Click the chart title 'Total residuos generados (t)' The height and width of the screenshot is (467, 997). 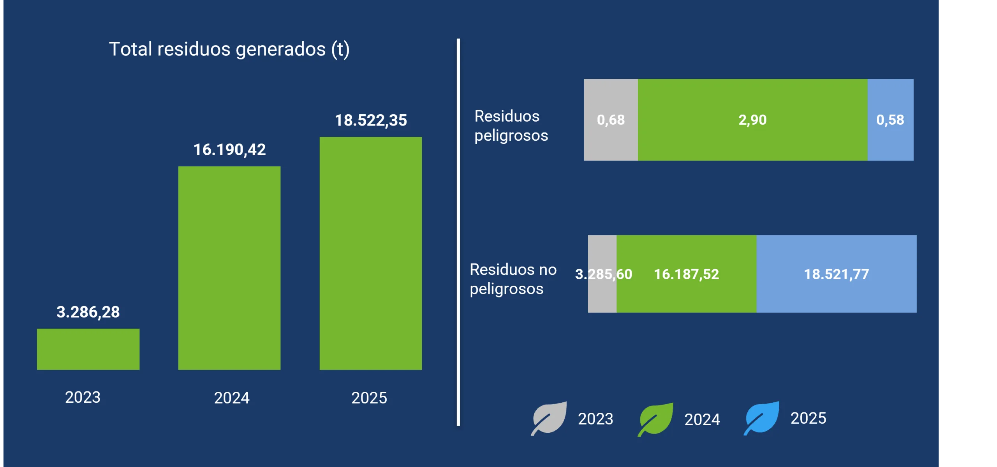pyautogui.click(x=229, y=50)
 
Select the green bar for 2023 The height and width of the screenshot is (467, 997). pyautogui.click(x=88, y=349)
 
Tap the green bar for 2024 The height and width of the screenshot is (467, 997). pyautogui.click(x=229, y=268)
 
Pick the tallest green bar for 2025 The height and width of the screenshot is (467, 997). pyautogui.click(x=371, y=253)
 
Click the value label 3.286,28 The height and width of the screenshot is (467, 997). pyautogui.click(x=88, y=312)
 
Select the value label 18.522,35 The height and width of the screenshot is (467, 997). pyautogui.click(x=371, y=120)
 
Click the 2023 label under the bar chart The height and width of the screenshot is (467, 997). pyautogui.click(x=83, y=397)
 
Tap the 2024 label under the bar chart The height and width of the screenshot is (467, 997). pyautogui.click(x=232, y=398)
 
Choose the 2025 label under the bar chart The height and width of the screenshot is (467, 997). pyautogui.click(x=369, y=398)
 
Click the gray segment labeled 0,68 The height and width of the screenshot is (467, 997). pyautogui.click(x=611, y=120)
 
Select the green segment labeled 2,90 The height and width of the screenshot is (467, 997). pyautogui.click(x=753, y=120)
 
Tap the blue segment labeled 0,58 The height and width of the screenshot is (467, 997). pyautogui.click(x=891, y=120)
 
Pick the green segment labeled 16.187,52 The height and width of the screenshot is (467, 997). pyautogui.click(x=687, y=274)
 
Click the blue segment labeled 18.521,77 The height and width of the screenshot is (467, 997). pyautogui.click(x=837, y=274)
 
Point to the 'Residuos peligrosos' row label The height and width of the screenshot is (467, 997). pyautogui.click(x=511, y=126)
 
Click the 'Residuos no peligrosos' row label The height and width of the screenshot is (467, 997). pyautogui.click(x=513, y=279)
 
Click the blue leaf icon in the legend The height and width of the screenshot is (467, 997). pyautogui.click(x=762, y=418)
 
